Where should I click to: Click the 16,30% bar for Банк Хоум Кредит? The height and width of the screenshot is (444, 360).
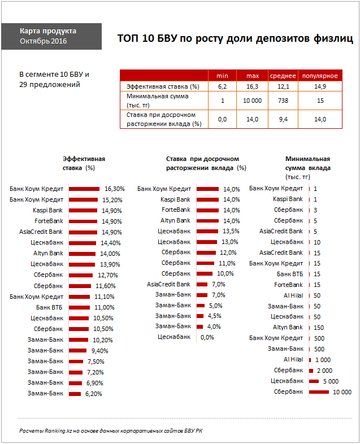click(84, 189)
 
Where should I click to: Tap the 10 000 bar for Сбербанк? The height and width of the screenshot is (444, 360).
click(319, 391)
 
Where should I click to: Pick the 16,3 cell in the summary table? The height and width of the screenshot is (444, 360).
click(253, 86)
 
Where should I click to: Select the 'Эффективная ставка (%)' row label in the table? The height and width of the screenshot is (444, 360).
click(163, 86)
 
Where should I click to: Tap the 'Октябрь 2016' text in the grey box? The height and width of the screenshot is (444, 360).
click(43, 41)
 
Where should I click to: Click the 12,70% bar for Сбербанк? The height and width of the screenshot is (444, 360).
click(81, 275)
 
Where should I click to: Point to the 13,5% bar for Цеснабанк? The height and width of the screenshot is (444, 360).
click(207, 231)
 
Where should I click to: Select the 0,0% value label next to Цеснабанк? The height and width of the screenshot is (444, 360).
click(207, 337)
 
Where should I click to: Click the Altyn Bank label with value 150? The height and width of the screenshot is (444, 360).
click(288, 327)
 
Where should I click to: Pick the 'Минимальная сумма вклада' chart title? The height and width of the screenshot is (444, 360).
click(308, 163)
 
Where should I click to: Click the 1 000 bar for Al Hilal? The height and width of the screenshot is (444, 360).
click(310, 359)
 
